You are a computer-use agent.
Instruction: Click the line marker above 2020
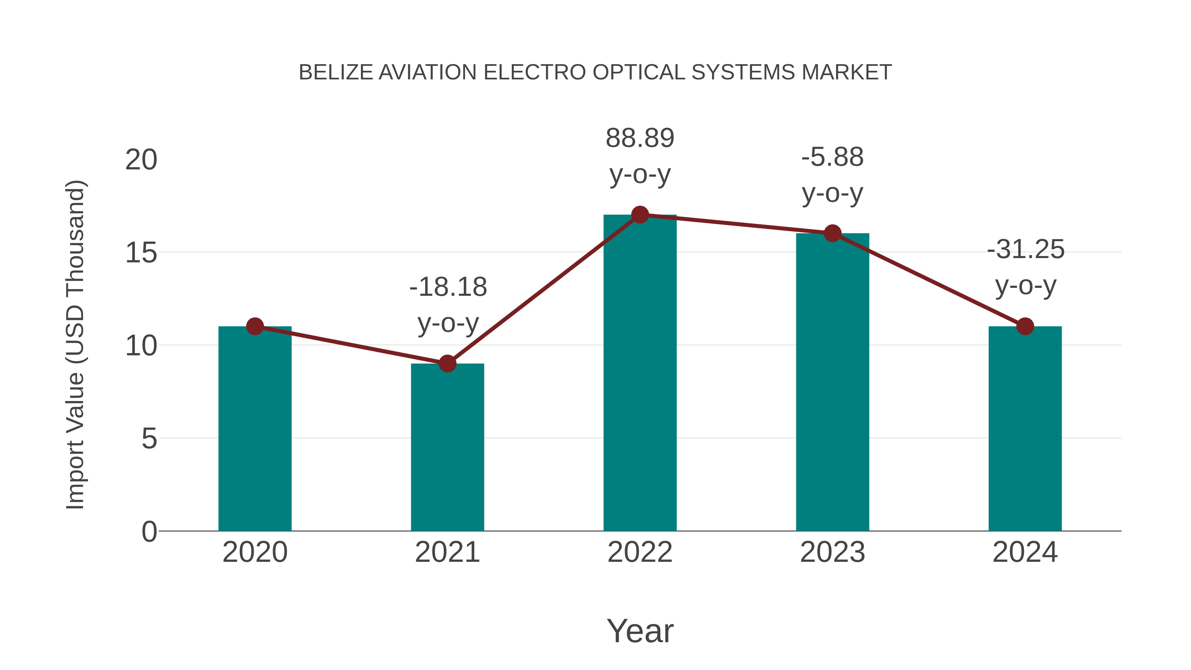[255, 327]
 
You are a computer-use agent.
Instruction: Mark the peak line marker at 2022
[640, 214]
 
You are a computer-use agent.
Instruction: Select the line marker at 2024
[1025, 327]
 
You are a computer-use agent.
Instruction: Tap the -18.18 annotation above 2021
[448, 287]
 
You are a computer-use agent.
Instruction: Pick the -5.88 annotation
[832, 157]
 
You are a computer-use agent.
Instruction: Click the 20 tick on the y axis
[141, 160]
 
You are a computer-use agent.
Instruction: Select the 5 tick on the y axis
[149, 438]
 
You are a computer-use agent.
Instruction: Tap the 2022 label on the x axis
[640, 552]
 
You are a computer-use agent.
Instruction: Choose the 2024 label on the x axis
[1025, 552]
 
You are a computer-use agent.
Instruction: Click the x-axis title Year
[640, 631]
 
